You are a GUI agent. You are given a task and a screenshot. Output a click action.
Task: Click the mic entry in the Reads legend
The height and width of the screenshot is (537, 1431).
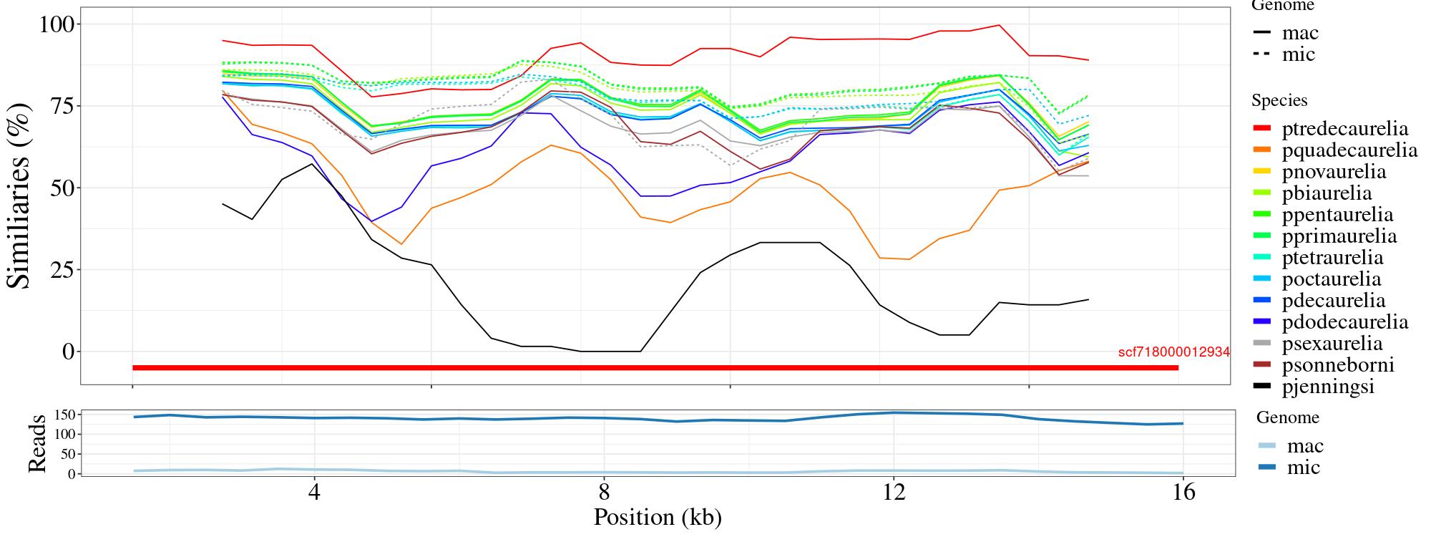click(x=1303, y=468)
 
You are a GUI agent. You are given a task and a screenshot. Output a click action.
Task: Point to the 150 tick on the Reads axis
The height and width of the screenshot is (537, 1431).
click(x=65, y=415)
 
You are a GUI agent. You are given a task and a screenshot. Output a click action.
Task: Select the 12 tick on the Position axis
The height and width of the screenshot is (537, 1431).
click(x=894, y=493)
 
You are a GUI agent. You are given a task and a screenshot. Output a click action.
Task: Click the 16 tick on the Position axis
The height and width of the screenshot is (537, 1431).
click(x=1184, y=493)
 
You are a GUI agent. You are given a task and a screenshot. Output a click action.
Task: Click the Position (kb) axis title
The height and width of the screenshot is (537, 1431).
click(x=657, y=517)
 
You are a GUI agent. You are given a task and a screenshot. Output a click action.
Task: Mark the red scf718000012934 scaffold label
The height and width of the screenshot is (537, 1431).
click(x=1173, y=352)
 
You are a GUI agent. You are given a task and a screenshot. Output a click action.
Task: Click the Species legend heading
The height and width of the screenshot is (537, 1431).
click(x=1279, y=101)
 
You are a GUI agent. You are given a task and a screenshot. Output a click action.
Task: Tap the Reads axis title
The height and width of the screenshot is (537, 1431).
click(x=36, y=442)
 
